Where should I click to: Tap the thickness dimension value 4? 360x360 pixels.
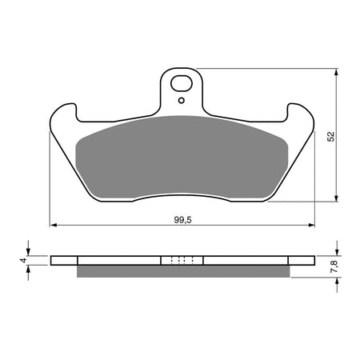pyautogui.click(x=24, y=260)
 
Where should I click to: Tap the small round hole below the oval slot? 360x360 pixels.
pyautogui.click(x=182, y=101)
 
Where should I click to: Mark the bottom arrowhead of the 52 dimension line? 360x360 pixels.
pyautogui.click(x=334, y=199)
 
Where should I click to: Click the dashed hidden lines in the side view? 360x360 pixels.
pyautogui.click(x=182, y=260)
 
